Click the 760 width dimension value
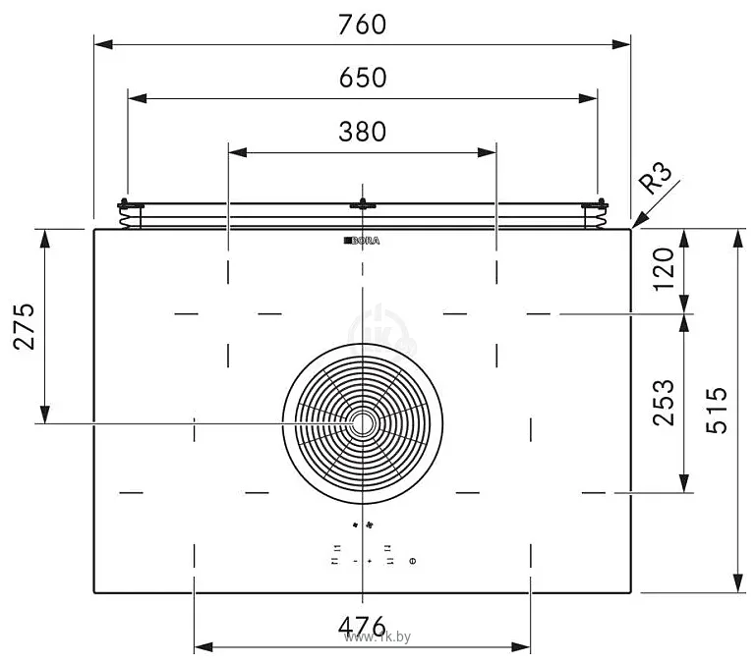point(362,25)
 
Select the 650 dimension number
point(363,78)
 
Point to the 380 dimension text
point(363,132)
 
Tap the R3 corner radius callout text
point(655,178)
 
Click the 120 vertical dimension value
point(664,269)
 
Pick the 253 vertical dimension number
point(664,403)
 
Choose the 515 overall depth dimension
point(717,410)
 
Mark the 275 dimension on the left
point(25,326)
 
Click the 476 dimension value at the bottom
point(362,626)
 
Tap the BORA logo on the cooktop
point(362,241)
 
